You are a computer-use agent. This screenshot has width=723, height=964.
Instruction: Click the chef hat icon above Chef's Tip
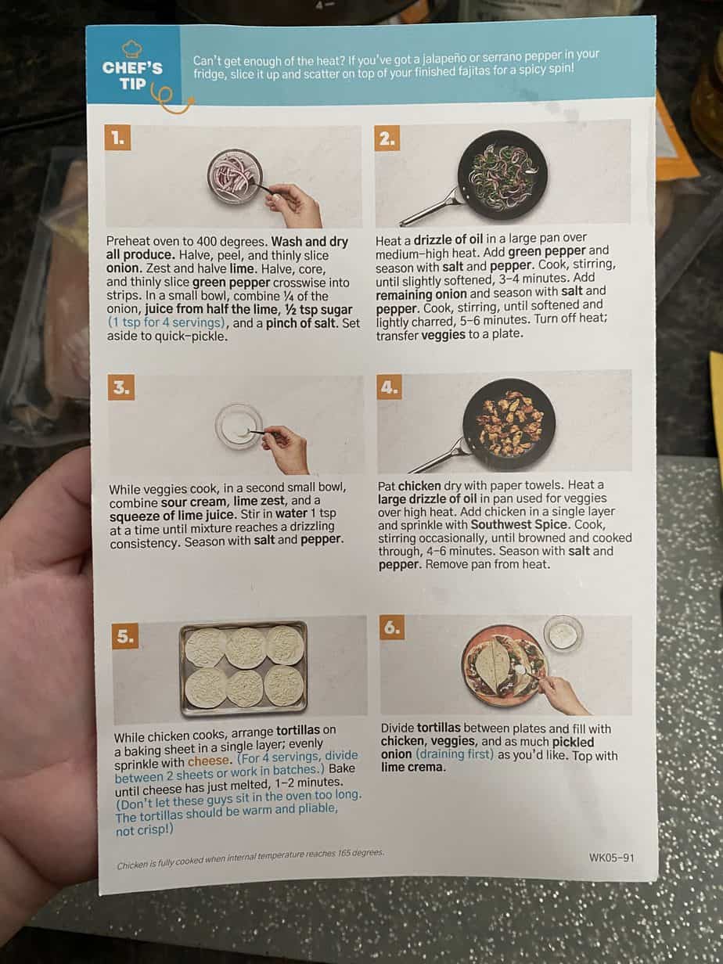tap(131, 49)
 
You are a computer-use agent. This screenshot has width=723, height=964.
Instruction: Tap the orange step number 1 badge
tap(117, 138)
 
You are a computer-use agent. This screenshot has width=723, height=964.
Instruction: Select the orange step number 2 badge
tap(387, 138)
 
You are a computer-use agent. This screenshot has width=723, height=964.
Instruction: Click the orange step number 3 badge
tap(120, 387)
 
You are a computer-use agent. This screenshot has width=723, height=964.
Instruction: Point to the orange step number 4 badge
tap(390, 387)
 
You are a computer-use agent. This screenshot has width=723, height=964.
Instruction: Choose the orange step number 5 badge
tap(125, 635)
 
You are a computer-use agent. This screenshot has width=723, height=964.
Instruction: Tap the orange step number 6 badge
tap(392, 628)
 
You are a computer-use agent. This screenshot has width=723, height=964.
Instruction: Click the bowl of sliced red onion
tap(235, 176)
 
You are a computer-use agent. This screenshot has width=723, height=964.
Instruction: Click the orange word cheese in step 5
tap(208, 761)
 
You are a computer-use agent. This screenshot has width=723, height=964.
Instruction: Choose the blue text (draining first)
tap(455, 754)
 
